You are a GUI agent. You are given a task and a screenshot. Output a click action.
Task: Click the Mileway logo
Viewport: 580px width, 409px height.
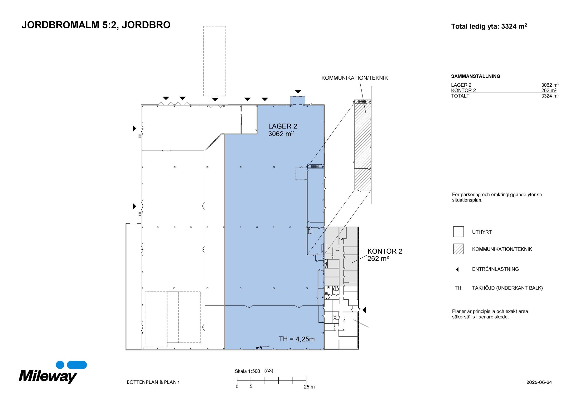click(x=53, y=372)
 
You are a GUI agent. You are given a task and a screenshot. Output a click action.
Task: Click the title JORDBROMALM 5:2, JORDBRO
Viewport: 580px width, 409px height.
click(x=96, y=25)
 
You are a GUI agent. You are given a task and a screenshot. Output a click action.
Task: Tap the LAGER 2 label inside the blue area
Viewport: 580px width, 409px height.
click(x=282, y=126)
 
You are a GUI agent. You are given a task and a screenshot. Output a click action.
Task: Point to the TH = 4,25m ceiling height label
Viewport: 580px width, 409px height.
click(x=297, y=339)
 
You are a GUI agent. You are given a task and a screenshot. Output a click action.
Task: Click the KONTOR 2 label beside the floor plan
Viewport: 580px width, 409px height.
click(x=385, y=251)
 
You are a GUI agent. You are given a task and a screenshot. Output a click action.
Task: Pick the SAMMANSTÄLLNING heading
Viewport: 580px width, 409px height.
click(x=475, y=76)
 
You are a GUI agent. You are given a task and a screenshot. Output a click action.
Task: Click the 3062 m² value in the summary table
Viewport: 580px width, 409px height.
click(x=550, y=85)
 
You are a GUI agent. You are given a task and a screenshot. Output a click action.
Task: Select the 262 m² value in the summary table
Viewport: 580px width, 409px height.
click(x=549, y=90)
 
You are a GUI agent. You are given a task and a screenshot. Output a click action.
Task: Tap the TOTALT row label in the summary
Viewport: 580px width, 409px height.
click(x=460, y=96)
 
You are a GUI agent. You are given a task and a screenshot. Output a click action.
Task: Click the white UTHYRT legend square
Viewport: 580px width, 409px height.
click(x=458, y=232)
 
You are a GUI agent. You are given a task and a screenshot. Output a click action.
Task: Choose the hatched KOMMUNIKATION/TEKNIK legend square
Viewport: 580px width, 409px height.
click(x=458, y=249)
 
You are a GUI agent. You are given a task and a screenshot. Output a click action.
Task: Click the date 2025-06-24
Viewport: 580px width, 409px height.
click(x=539, y=382)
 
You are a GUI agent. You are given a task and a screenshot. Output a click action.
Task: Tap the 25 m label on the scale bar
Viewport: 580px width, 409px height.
click(x=309, y=387)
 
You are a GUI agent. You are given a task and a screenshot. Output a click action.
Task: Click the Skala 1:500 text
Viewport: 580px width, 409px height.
click(x=247, y=371)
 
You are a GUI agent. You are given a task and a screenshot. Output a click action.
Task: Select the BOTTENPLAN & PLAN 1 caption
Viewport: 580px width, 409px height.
click(x=153, y=382)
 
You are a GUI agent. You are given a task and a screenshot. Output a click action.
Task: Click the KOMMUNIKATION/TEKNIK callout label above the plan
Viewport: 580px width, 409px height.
click(x=354, y=78)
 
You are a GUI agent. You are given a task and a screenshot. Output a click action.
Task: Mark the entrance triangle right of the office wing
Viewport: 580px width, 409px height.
click(x=364, y=310)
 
